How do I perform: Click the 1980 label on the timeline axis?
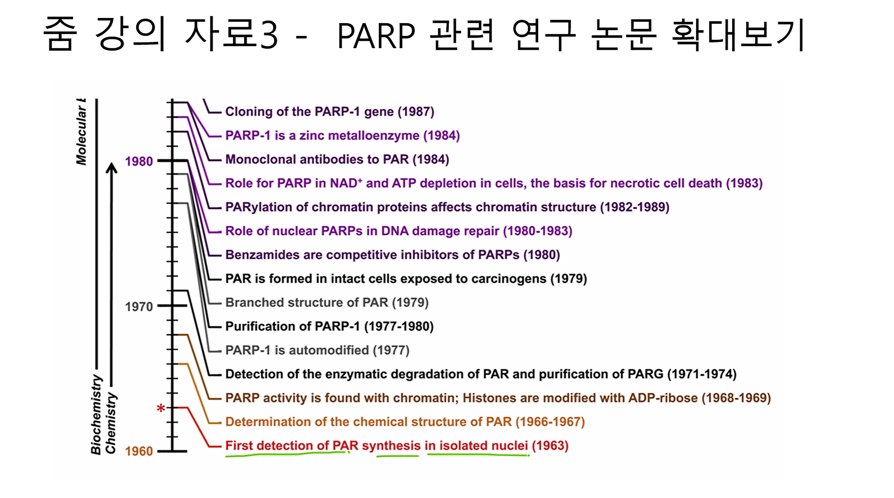click(x=139, y=161)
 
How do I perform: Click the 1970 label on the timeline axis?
click(x=139, y=307)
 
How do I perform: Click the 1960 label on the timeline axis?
click(x=139, y=451)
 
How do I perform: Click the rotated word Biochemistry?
click(x=96, y=414)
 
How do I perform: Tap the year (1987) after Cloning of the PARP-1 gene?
click(x=416, y=112)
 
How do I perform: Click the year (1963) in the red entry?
click(x=550, y=446)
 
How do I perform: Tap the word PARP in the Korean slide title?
click(x=376, y=36)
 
